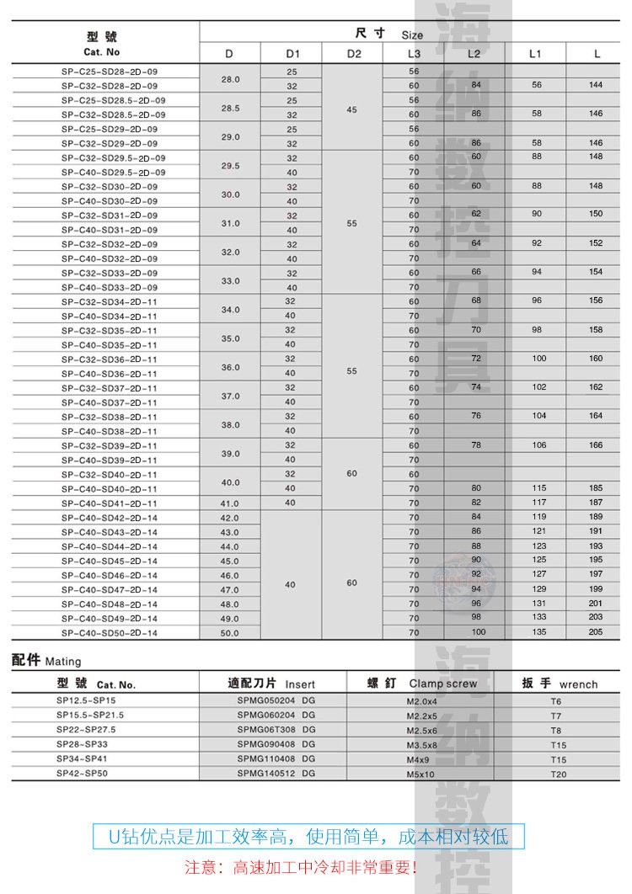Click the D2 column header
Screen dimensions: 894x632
[353, 55]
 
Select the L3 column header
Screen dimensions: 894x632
[413, 55]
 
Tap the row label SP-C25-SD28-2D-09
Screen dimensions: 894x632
[110, 72]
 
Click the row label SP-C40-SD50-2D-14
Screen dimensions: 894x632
[110, 632]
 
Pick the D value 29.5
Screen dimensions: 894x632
[230, 165]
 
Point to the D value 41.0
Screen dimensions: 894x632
[230, 503]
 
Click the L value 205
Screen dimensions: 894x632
[597, 631]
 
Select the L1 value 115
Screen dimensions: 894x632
[536, 488]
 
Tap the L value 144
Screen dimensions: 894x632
[597, 85]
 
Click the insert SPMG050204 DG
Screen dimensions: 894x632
[276, 700]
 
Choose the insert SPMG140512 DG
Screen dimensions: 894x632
[276, 773]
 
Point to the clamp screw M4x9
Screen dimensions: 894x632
[418, 758]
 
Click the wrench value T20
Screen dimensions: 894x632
[559, 774]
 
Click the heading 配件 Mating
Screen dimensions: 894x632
[46, 661]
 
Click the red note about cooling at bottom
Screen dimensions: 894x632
[301, 866]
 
